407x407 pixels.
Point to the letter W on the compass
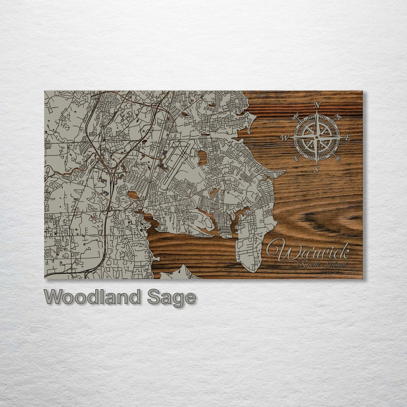click(x=285, y=137)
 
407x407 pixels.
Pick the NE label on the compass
click(x=336, y=116)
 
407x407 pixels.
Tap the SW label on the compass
click(x=296, y=158)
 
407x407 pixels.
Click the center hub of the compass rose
click(x=317, y=137)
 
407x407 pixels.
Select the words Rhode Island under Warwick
click(x=323, y=264)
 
